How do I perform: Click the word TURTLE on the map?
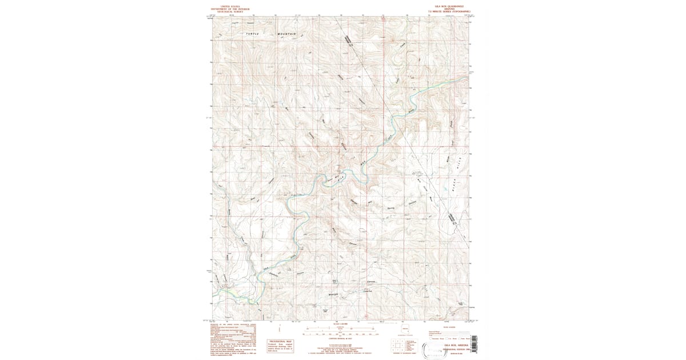252,34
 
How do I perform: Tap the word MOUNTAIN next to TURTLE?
288,34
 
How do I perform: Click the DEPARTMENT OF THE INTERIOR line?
227,9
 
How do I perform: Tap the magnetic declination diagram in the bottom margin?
280,330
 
